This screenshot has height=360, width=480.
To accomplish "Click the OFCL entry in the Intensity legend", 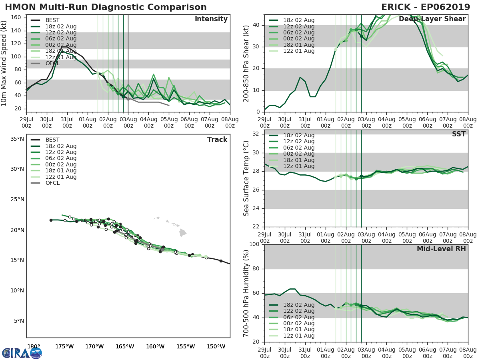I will coord(52,63).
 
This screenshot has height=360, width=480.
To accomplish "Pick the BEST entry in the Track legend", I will coord(52,140).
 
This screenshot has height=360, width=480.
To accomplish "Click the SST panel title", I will coord(459,134).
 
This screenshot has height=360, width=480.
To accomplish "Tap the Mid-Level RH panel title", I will coord(441,249).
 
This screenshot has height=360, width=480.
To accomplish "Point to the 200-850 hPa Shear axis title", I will coord(247,63).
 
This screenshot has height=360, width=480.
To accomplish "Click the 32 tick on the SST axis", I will coord(257,134).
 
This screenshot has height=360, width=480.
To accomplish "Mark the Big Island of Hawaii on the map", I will coord(182,232).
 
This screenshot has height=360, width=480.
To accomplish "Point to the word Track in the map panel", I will coord(217,140).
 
